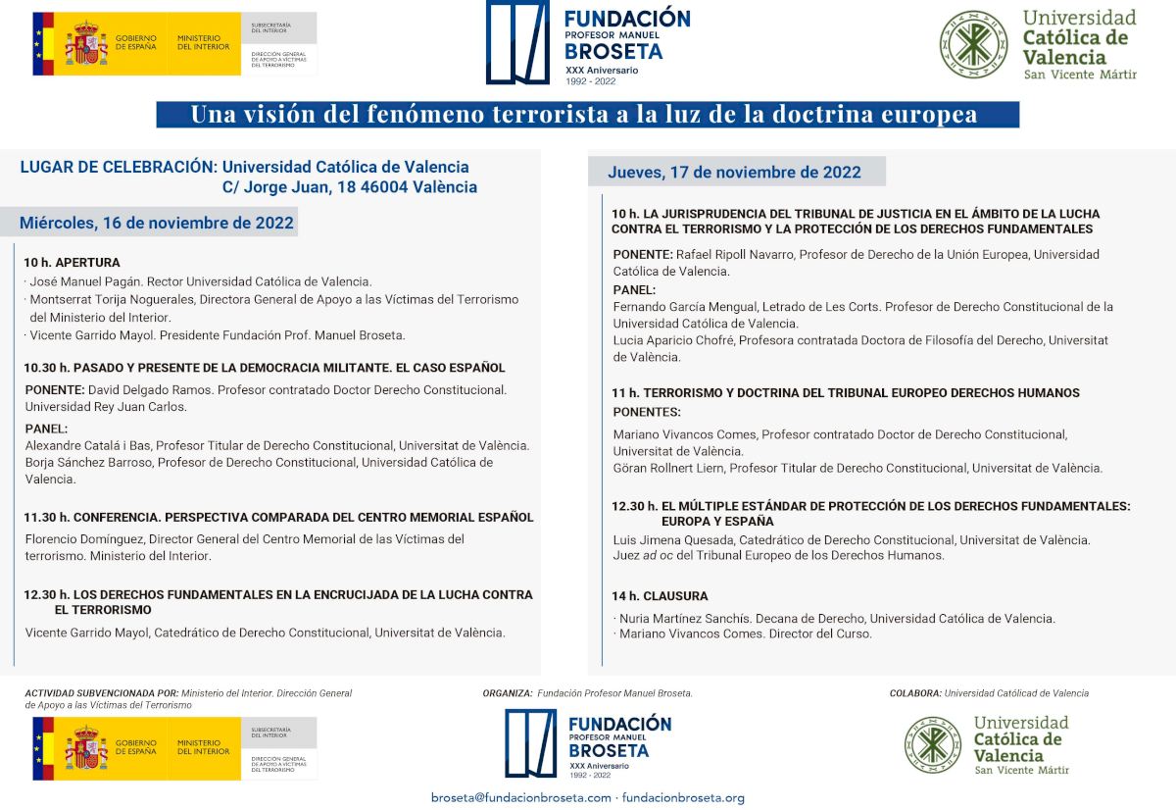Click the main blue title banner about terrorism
(587, 115)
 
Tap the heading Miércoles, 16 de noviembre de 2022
(157, 223)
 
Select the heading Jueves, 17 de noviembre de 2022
(734, 173)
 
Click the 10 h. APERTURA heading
(73, 263)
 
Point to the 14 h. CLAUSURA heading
(660, 596)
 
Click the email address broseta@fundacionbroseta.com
(521, 797)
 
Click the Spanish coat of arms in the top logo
(85, 44)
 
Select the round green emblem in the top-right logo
(974, 44)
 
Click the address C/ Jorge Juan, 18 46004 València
(350, 187)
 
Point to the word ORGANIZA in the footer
(507, 693)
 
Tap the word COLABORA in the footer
(915, 693)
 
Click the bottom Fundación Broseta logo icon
(530, 742)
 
